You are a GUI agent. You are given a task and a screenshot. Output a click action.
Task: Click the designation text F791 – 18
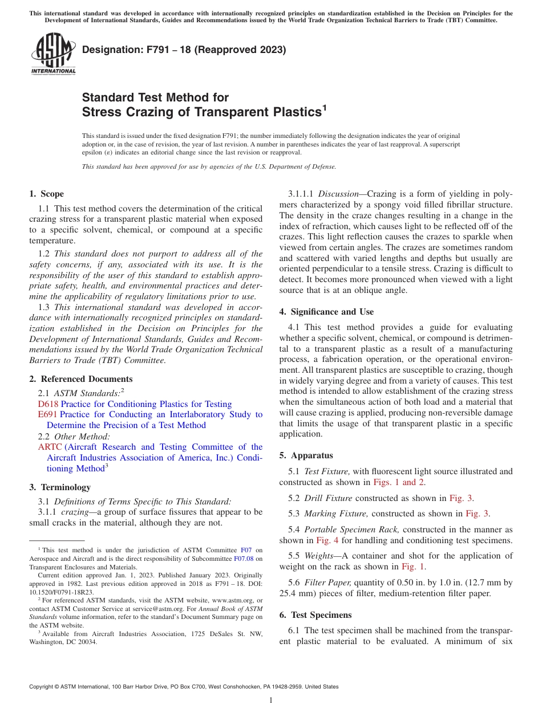tap(184, 50)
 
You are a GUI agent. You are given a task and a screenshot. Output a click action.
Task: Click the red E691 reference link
tap(47, 414)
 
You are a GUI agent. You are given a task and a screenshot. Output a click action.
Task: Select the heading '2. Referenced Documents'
tap(80, 379)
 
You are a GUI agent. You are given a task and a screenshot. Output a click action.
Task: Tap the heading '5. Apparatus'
tap(306, 455)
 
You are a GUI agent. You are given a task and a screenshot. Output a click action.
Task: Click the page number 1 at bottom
tap(271, 700)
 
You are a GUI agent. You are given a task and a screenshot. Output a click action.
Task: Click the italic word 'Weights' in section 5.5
tap(319, 556)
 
